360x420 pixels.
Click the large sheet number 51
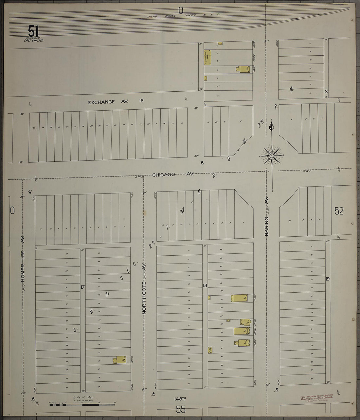click(33, 32)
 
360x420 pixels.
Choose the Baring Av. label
click(267, 216)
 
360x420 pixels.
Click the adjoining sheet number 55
click(181, 409)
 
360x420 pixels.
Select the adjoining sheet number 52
click(339, 211)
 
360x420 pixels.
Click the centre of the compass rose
click(272, 155)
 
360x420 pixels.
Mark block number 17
click(83, 287)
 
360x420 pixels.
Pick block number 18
click(205, 285)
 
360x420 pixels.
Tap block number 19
click(327, 279)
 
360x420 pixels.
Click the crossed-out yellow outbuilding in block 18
click(210, 350)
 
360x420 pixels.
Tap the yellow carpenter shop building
click(207, 57)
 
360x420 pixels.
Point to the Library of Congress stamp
click(316, 397)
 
